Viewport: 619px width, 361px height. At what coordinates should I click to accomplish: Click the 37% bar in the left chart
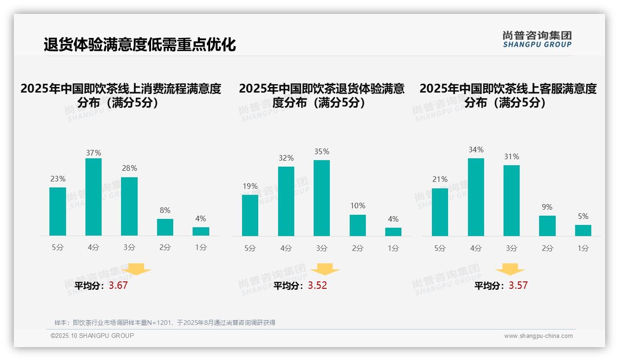tap(93, 197)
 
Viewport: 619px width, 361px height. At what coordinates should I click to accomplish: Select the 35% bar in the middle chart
tap(322, 198)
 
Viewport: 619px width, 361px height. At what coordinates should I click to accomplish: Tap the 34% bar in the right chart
tap(476, 197)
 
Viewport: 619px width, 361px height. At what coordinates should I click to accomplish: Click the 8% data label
tap(165, 210)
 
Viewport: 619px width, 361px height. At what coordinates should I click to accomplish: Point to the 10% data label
tap(358, 205)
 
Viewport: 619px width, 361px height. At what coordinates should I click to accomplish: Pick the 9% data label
tap(547, 207)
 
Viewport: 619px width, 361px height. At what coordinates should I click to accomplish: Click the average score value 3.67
tap(118, 286)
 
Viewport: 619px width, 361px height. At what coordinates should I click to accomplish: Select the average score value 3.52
tap(317, 286)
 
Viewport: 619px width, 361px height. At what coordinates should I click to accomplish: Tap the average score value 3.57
tap(518, 286)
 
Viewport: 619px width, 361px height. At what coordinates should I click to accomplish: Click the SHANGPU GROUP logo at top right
tap(537, 39)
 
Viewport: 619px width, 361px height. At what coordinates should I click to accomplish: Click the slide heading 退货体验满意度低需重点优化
tap(140, 44)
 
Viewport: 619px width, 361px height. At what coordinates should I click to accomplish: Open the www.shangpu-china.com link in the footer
tap(538, 336)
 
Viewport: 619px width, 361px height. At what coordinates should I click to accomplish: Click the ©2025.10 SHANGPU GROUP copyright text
tap(92, 336)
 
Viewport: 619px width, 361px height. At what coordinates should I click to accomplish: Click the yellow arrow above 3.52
tap(325, 269)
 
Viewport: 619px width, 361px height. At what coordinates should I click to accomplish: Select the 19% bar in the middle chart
tap(250, 215)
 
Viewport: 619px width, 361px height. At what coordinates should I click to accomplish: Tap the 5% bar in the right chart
tap(583, 230)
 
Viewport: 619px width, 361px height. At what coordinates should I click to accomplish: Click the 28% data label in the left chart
tap(129, 168)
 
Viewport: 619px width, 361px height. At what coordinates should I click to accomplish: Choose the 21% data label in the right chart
tap(440, 179)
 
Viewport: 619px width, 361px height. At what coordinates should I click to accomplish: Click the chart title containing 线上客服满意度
tap(508, 95)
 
